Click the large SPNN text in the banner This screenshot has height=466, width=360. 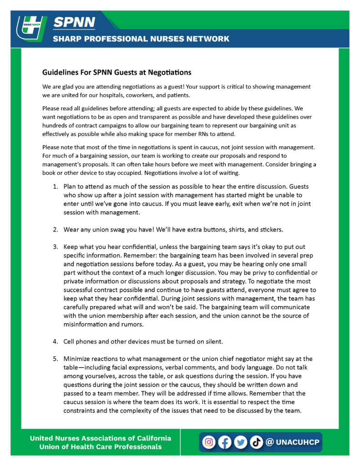click(74, 22)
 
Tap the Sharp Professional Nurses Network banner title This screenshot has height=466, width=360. click(141, 39)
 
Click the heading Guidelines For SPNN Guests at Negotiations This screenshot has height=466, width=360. click(117, 72)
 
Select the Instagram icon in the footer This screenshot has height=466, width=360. click(208, 442)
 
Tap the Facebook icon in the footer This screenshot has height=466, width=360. click(224, 442)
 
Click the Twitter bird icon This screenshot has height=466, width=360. click(240, 442)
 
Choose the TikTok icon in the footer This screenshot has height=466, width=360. click(256, 442)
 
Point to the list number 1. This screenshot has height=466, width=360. click(55, 187)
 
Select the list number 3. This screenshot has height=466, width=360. click(55, 247)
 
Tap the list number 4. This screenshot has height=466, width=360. click(55, 340)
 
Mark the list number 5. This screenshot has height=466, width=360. click(55, 359)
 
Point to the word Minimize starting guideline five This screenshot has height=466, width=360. click(78, 359)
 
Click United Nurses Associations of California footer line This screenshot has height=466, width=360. click(101, 438)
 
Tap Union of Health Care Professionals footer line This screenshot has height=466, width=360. click(101, 447)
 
